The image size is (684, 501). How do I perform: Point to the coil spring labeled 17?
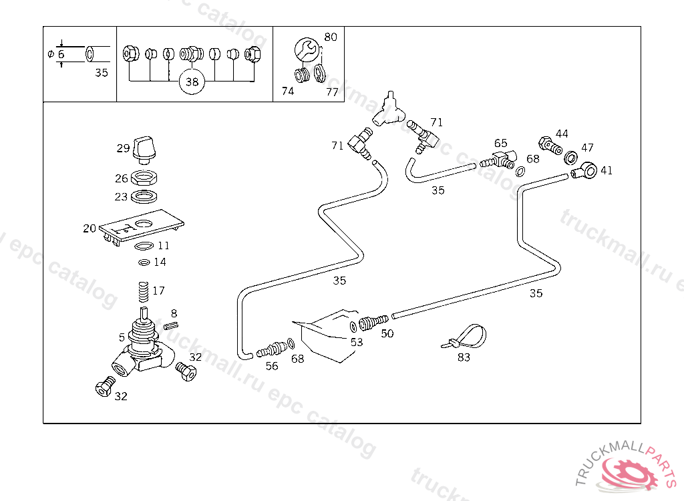click(141, 292)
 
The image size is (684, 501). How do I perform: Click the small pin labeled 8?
click(171, 325)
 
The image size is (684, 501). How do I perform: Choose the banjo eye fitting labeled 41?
click(586, 170)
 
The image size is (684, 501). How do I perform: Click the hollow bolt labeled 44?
click(548, 145)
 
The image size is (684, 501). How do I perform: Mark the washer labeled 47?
click(571, 158)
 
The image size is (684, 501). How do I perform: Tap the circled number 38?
click(192, 82)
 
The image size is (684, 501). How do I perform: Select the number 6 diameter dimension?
click(61, 54)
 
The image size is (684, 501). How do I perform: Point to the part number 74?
click(287, 92)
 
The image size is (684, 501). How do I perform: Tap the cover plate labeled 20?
click(142, 227)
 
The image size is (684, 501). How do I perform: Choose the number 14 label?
click(160, 263)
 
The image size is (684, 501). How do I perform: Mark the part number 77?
click(332, 92)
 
